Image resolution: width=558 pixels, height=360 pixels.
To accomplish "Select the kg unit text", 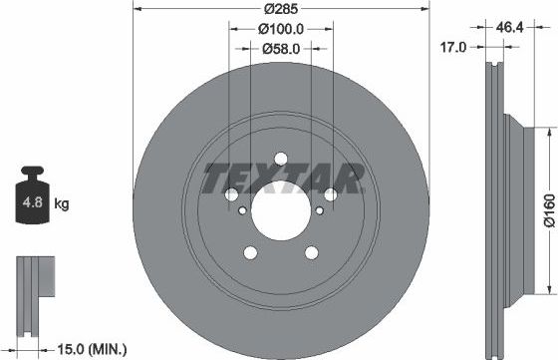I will (62, 205).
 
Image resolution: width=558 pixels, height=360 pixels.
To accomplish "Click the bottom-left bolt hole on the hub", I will (251, 252).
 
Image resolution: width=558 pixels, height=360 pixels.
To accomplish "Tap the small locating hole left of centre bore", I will (242, 209).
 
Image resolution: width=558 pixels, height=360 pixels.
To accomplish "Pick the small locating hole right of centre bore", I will (319, 209).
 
